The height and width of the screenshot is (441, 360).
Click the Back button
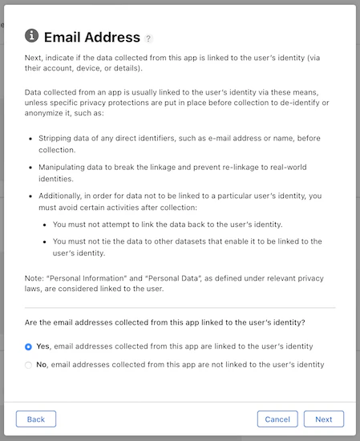(x=36, y=419)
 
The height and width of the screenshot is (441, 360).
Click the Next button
(x=324, y=419)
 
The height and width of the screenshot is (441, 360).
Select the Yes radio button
(x=29, y=347)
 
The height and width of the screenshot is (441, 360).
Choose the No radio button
(x=29, y=365)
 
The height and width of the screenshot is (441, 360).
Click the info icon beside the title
(x=32, y=36)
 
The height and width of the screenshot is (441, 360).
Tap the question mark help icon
(x=148, y=38)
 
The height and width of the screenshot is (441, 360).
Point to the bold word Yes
(x=43, y=346)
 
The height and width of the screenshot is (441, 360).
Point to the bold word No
(x=42, y=364)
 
